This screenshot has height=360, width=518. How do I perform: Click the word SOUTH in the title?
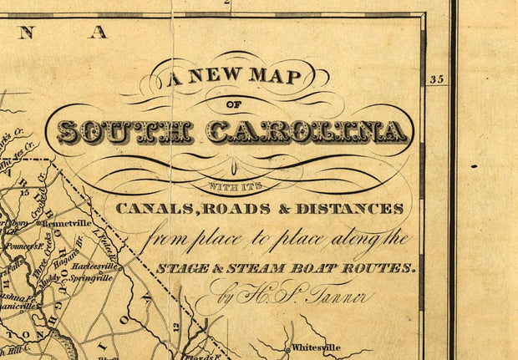[124, 131]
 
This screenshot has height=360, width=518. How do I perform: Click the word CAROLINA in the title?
[307, 131]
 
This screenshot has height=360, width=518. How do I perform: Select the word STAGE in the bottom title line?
[186, 268]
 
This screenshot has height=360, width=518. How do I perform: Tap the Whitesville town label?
[318, 347]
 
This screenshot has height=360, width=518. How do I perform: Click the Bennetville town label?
[66, 224]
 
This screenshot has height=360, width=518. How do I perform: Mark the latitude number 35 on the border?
[435, 80]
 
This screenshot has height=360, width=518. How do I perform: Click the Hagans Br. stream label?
[69, 254]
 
